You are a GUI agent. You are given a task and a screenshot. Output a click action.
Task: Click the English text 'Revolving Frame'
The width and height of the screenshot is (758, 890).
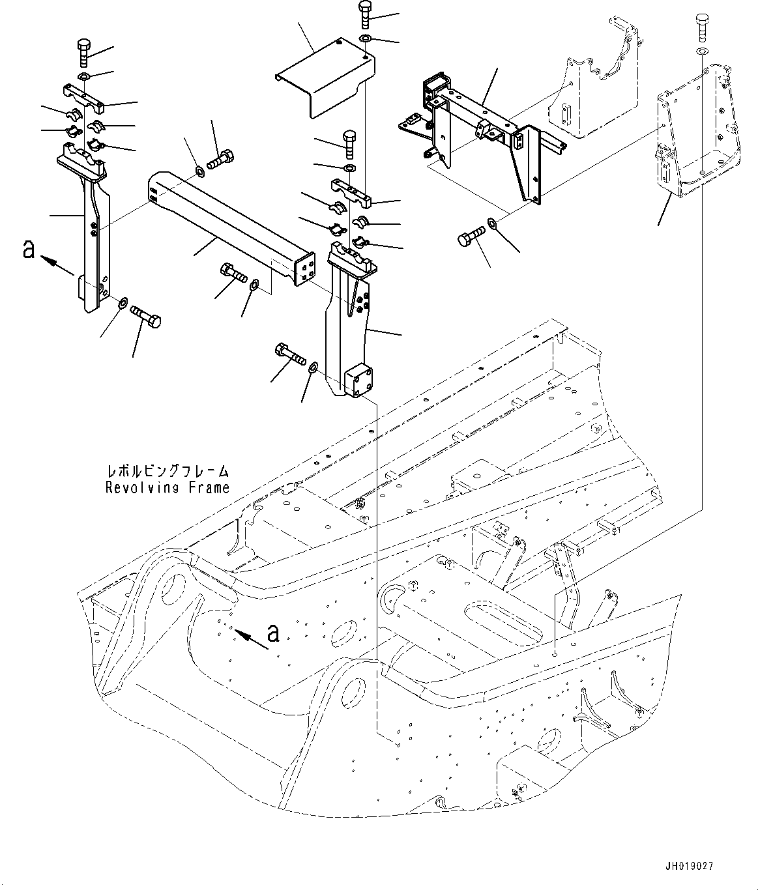[x=168, y=487]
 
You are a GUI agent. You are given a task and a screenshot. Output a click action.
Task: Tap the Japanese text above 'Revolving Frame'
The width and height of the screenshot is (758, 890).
[x=168, y=471]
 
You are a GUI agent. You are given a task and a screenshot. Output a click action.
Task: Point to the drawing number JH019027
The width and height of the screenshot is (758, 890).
[x=689, y=867]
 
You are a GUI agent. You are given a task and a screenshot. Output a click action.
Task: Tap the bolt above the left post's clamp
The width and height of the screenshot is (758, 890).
[x=85, y=52]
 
